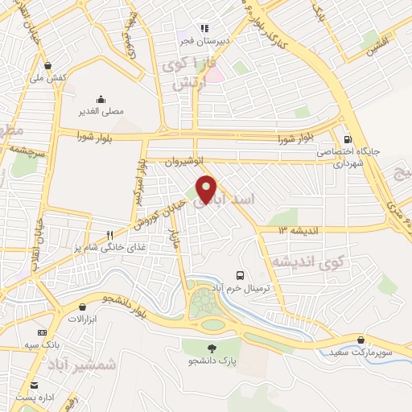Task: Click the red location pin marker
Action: pos(207,189)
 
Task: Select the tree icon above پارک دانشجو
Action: pos(212,348)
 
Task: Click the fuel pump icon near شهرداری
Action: pos(348,138)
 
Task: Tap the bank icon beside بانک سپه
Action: pos(42,332)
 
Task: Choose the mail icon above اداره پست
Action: pos(33,385)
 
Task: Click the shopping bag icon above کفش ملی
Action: pos(48,66)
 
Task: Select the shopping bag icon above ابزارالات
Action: pos(83,307)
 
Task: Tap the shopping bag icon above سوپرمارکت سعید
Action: pos(360,340)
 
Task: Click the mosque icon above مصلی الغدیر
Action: pos(101,99)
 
